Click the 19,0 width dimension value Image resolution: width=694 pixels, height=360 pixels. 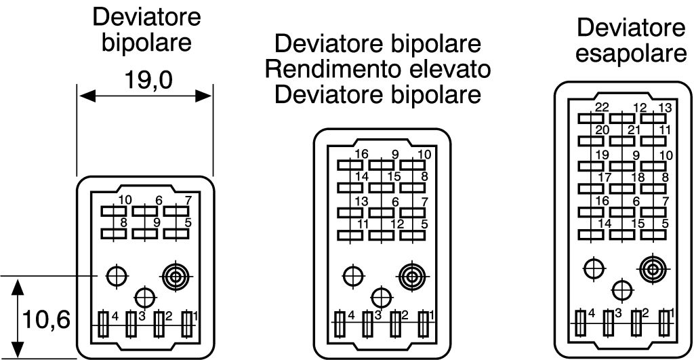click(x=145, y=81)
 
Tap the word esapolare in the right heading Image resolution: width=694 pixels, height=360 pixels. click(x=630, y=54)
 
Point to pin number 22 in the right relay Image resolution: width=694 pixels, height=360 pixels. click(x=601, y=107)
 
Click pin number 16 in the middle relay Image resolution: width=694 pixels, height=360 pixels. click(x=361, y=154)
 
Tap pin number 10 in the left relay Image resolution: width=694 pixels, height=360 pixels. click(x=125, y=199)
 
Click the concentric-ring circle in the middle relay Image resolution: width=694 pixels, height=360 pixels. click(x=410, y=275)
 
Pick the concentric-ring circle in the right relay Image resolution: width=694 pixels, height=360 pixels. click(x=652, y=268)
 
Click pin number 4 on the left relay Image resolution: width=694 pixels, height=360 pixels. click(x=115, y=316)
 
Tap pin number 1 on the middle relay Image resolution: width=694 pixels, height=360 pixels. click(x=430, y=315)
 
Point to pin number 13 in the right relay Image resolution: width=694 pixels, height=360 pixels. click(x=665, y=107)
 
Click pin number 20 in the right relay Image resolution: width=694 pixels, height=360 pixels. click(x=602, y=130)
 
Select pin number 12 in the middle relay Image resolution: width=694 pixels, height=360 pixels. click(x=397, y=224)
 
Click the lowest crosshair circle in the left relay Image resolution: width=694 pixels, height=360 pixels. click(x=144, y=296)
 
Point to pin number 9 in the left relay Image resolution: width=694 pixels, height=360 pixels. click(x=156, y=222)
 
